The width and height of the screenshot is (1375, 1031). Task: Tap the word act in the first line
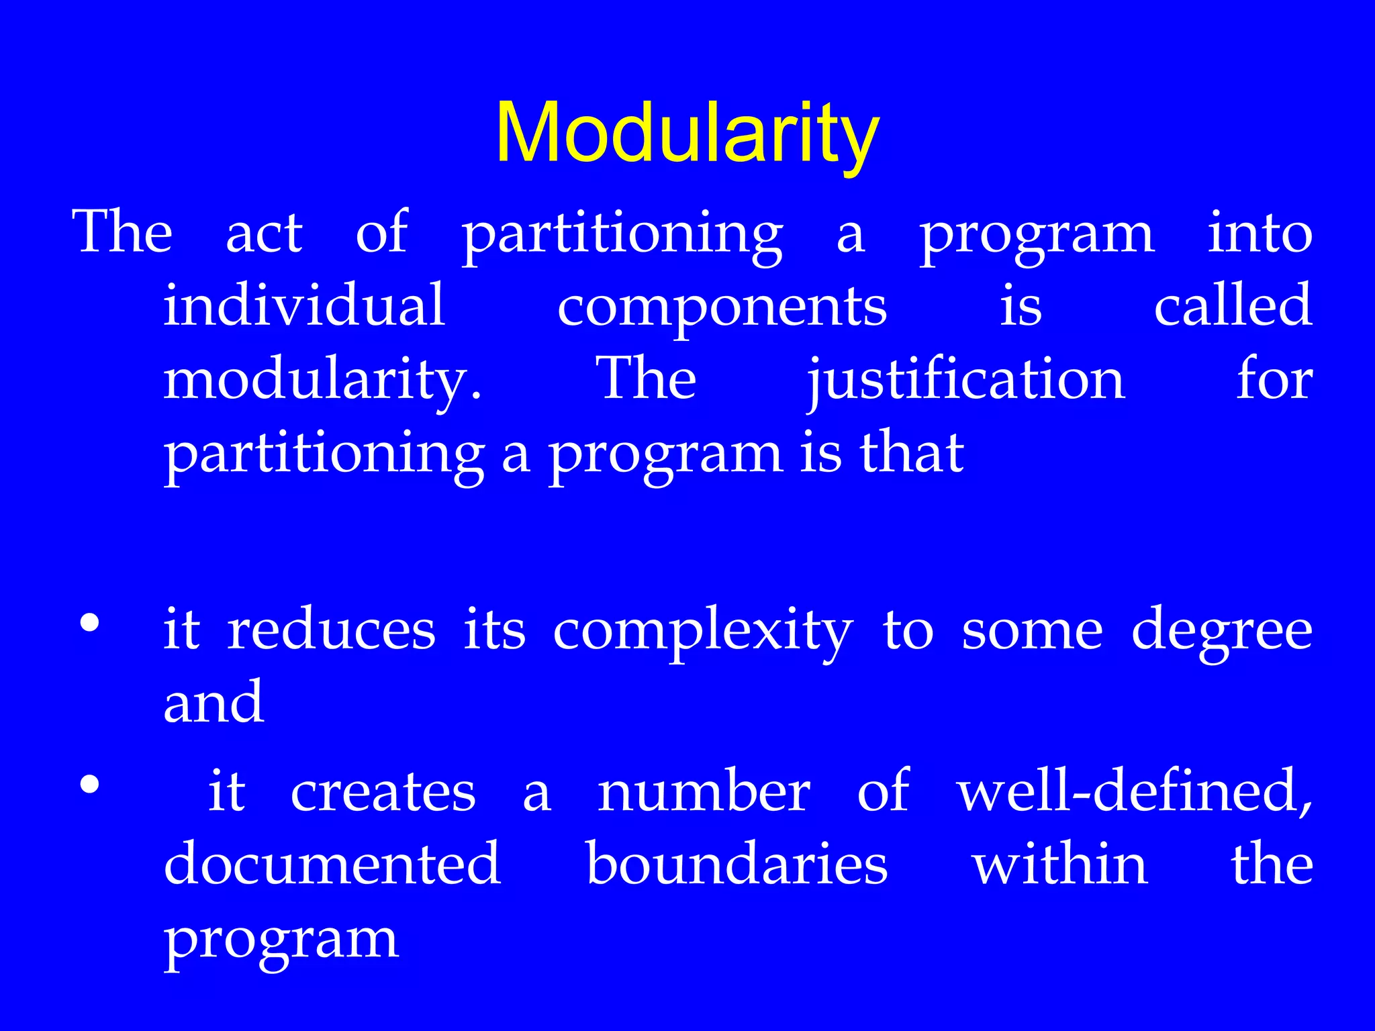click(x=264, y=233)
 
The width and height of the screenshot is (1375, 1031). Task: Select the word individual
click(x=304, y=305)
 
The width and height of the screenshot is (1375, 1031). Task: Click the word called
click(x=1233, y=305)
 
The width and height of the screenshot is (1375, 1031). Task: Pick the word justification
click(x=965, y=381)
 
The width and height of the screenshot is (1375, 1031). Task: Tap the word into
click(x=1260, y=233)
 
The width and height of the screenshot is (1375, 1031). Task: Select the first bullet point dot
click(x=89, y=624)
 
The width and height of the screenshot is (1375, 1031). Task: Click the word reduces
click(x=332, y=631)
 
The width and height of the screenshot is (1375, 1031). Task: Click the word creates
click(x=383, y=793)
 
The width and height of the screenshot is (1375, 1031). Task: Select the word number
click(x=704, y=791)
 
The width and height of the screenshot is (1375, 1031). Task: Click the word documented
click(x=332, y=864)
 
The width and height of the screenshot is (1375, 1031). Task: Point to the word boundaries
click(x=737, y=864)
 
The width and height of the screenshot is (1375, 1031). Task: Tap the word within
click(x=1060, y=864)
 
